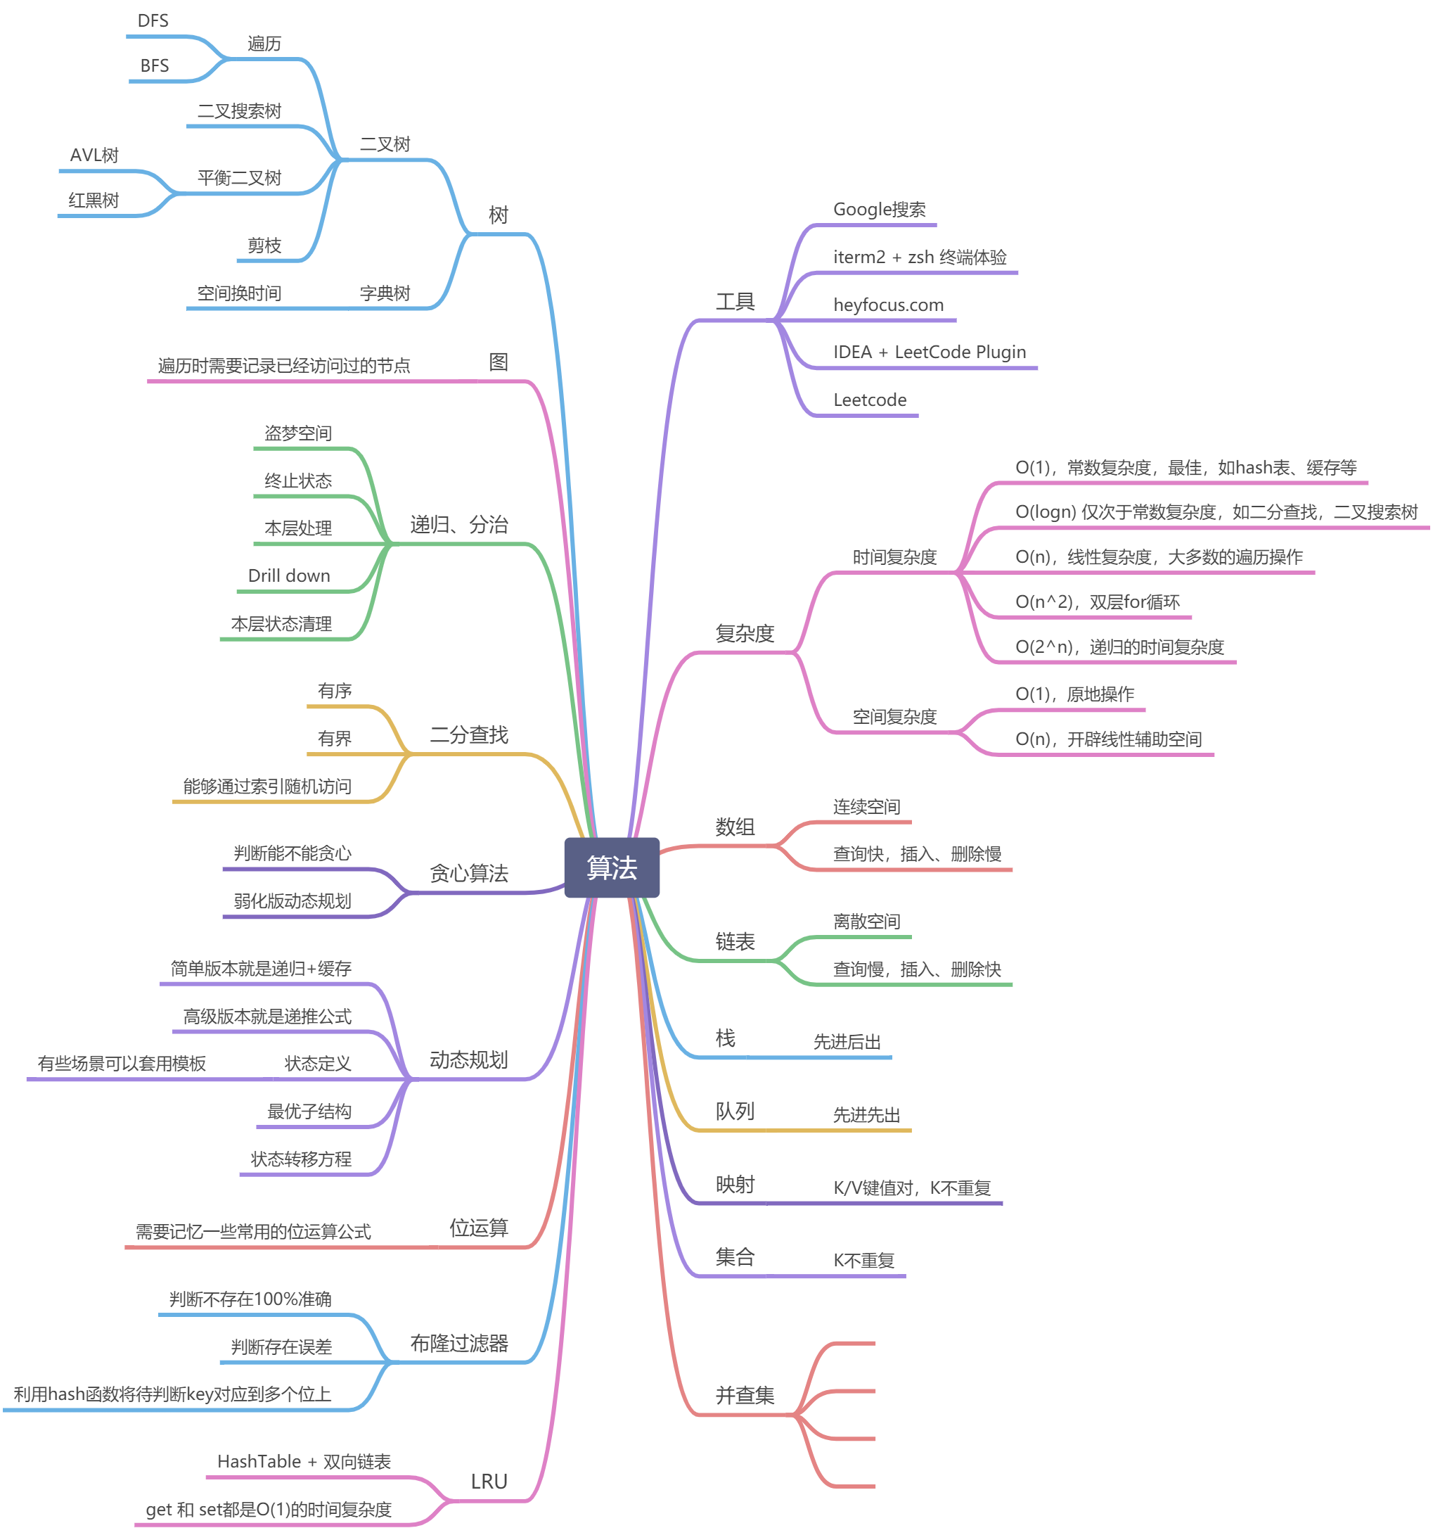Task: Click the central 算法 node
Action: (x=612, y=867)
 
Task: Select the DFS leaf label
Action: (x=153, y=20)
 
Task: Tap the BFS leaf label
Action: (x=155, y=66)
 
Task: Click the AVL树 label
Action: (x=94, y=155)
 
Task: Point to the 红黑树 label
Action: (x=94, y=200)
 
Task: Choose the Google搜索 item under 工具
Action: (x=879, y=210)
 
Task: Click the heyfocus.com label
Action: (x=888, y=305)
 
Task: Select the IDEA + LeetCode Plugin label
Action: (x=929, y=352)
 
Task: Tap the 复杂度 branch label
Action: (x=745, y=634)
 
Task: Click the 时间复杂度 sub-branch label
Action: (x=894, y=557)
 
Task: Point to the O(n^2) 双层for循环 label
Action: (x=1097, y=601)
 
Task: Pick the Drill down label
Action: (x=289, y=575)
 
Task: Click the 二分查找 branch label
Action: (x=469, y=736)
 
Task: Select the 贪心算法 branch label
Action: (x=469, y=874)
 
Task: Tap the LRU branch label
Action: (x=489, y=1482)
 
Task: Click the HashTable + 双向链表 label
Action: (x=304, y=1462)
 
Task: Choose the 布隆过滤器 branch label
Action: (x=458, y=1344)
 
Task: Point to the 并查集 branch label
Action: (x=745, y=1396)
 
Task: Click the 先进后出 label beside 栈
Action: (x=847, y=1043)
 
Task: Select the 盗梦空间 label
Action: (x=298, y=433)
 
